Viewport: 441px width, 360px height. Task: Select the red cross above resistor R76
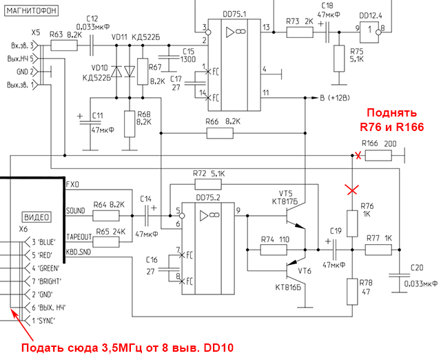pos(353,188)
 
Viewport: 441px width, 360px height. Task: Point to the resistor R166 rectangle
pos(378,156)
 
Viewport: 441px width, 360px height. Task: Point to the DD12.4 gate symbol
pos(372,29)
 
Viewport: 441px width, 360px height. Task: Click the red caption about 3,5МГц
pos(126,348)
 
